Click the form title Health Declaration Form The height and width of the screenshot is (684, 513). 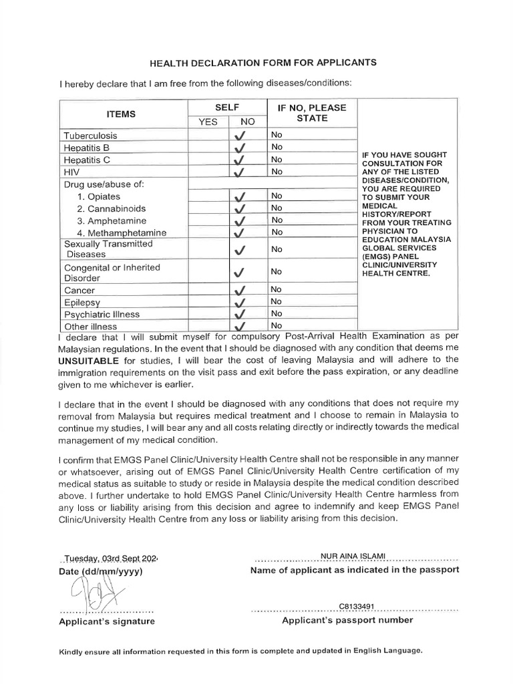point(263,62)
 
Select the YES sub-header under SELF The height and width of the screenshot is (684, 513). point(208,122)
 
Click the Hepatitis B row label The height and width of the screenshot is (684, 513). point(87,148)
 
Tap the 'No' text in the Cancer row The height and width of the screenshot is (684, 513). point(277,289)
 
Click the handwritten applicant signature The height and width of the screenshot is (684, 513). point(90,591)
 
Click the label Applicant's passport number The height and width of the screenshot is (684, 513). point(347,620)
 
